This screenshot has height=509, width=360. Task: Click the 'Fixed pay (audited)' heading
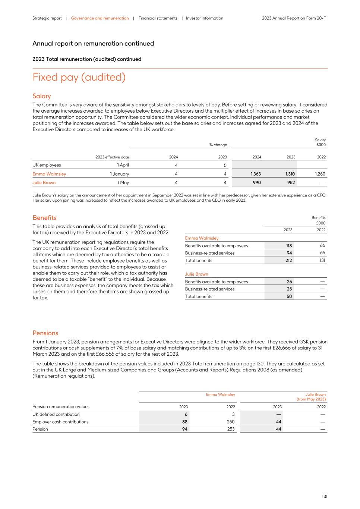pos(79,77)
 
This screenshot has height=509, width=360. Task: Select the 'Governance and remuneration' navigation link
pos(100,18)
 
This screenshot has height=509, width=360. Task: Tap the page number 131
pos(325,496)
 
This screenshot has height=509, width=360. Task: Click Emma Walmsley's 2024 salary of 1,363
pos(256,174)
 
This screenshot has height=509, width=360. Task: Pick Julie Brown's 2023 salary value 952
pos(291,182)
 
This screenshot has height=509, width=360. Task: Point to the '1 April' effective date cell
pos(123,165)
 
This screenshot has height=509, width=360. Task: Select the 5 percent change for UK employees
pos(225,165)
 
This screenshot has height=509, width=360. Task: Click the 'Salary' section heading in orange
pos(41,96)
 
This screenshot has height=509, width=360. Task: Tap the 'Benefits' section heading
pos(44,218)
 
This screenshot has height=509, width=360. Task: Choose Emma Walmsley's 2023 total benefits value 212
pos(288,261)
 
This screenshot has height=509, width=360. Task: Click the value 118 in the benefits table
pos(289,246)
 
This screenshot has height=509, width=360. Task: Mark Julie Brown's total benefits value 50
pos(289,296)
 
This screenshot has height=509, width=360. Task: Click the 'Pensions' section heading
pos(45,333)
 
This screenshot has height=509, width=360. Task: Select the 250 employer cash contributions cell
pos(231,422)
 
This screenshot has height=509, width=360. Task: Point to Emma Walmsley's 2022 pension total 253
pos(231,429)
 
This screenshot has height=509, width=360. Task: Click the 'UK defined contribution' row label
pos(56,414)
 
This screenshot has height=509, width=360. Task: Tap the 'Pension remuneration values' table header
pos(61,406)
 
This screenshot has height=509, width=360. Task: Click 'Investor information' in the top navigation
pos(205,18)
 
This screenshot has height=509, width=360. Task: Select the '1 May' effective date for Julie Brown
pos(123,182)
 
